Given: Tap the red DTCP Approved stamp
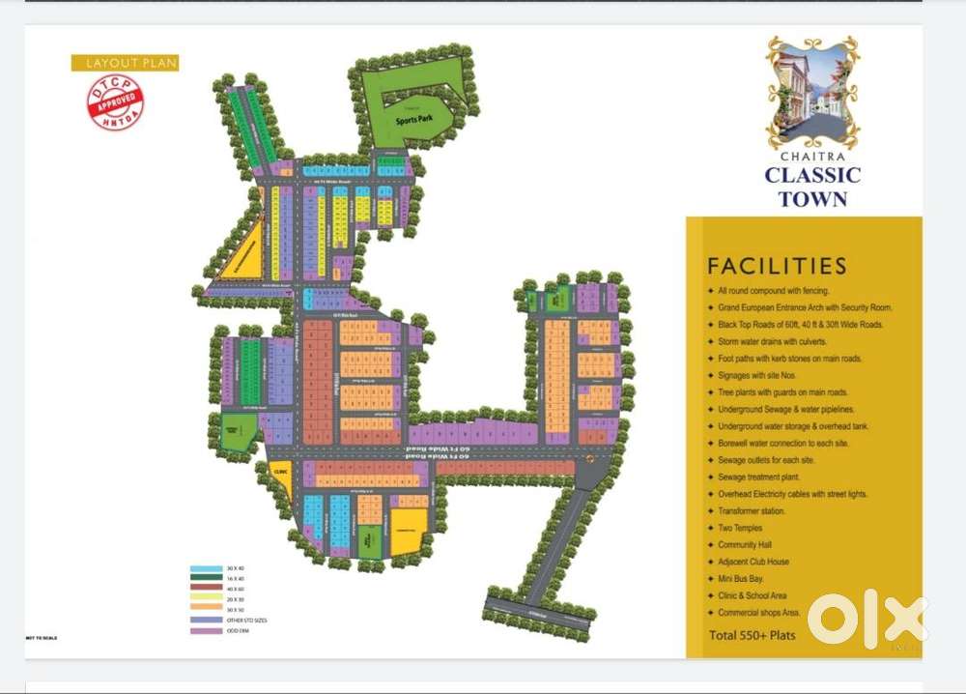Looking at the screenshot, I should point(116,102).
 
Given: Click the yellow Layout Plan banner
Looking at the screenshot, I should point(126,63).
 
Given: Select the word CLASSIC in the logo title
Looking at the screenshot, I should point(812,176).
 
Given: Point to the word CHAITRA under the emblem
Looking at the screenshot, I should point(812,153).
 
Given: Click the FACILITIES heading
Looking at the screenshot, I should point(777,266).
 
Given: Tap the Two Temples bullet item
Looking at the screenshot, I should point(740,528).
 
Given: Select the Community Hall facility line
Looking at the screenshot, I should point(744,545).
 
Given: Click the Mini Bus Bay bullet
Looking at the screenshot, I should point(741,579).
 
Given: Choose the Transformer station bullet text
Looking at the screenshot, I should point(752,511).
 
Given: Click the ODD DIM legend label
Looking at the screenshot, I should point(237,631).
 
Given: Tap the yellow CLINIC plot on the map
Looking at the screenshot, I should point(281,474).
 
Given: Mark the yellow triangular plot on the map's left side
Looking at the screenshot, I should point(241,254).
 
